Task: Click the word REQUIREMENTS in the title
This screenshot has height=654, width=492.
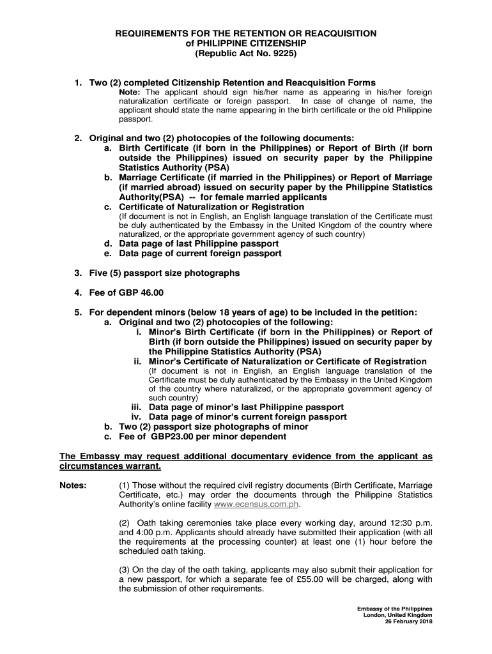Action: click(152, 33)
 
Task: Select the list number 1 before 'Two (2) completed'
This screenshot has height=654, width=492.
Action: click(77, 82)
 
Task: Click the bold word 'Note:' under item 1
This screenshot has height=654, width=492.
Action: click(132, 92)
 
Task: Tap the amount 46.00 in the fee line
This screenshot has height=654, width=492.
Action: click(151, 293)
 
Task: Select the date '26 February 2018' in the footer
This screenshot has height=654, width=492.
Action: click(408, 621)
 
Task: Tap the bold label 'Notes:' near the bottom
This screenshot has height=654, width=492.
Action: click(73, 485)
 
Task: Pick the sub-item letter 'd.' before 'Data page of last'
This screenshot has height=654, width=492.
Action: click(109, 243)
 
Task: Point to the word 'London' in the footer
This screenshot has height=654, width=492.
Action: click(374, 615)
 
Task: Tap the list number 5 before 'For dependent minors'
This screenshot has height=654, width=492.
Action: click(77, 312)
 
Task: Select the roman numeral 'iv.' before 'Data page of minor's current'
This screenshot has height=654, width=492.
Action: click(137, 417)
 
